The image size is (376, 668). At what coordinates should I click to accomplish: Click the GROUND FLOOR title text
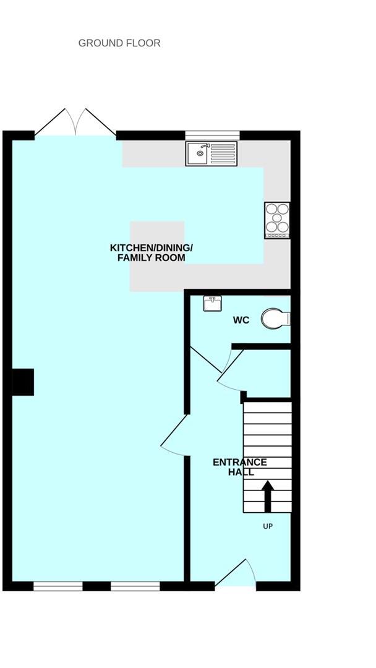119,43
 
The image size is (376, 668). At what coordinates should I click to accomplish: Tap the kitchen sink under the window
211,153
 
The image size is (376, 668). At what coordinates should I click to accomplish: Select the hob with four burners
276,220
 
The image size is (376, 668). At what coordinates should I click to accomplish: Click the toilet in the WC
275,319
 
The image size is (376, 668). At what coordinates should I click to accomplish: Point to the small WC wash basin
212,303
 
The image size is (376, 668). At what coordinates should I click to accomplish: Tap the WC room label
241,320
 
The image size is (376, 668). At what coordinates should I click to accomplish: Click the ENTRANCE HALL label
239,467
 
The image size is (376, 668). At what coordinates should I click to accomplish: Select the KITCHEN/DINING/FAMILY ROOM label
152,252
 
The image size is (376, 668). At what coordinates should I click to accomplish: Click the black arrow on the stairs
268,495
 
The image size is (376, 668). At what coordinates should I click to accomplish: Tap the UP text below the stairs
268,526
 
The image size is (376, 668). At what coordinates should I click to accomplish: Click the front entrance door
234,575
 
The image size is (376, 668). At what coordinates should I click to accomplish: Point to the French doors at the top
75,122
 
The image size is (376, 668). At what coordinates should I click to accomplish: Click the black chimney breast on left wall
23,382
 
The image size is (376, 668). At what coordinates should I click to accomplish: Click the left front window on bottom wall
58,586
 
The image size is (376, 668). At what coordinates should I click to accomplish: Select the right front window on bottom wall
135,586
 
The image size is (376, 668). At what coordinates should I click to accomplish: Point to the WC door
206,361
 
